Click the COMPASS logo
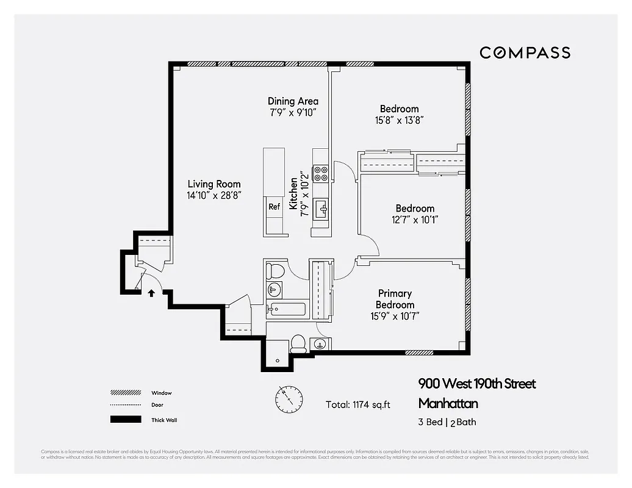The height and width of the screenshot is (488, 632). [x=525, y=52]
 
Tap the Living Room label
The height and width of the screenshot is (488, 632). [x=214, y=184]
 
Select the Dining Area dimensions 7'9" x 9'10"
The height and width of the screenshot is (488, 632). [x=293, y=112]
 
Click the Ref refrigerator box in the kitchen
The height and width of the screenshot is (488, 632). [x=275, y=207]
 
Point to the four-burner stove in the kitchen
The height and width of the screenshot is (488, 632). [x=320, y=174]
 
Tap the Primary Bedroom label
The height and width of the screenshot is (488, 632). [x=395, y=299]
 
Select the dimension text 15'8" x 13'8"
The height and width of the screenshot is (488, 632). [x=399, y=120]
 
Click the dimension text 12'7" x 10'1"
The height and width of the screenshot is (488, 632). [x=415, y=220]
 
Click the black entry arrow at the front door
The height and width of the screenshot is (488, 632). [x=151, y=293]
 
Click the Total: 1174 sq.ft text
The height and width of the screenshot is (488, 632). [x=358, y=404]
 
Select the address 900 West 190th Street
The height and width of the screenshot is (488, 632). [x=476, y=384]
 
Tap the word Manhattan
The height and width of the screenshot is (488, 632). [x=448, y=403]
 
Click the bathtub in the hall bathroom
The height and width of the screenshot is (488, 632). [x=287, y=309]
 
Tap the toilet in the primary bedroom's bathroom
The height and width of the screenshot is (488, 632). [x=298, y=343]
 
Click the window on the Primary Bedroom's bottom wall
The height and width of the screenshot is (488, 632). [x=419, y=352]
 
